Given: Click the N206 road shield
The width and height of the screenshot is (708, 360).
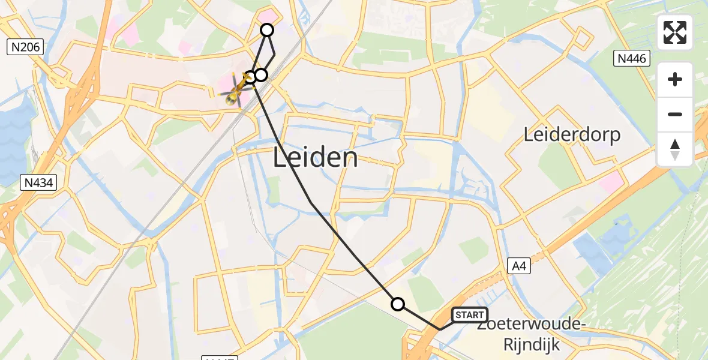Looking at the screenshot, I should (x=25, y=47).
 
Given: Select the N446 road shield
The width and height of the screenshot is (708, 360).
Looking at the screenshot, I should (x=633, y=58).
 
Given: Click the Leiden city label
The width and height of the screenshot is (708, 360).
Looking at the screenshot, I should (x=316, y=158).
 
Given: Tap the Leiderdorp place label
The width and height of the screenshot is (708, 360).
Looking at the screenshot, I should (x=572, y=134).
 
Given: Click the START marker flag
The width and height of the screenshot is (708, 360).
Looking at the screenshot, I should (x=469, y=315).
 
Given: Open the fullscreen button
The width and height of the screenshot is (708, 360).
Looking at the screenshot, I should (x=675, y=32).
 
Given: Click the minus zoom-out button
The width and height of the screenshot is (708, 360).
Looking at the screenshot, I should (x=675, y=114).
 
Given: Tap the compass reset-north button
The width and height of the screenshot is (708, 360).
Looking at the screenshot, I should (x=675, y=149).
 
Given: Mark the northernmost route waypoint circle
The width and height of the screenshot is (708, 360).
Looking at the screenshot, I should (x=266, y=30).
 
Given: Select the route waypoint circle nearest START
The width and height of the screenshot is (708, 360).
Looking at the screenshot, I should (x=398, y=304).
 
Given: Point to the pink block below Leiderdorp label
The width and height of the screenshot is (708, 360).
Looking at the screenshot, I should (x=611, y=181).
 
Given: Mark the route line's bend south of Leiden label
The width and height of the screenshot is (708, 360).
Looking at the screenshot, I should (x=310, y=203).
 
